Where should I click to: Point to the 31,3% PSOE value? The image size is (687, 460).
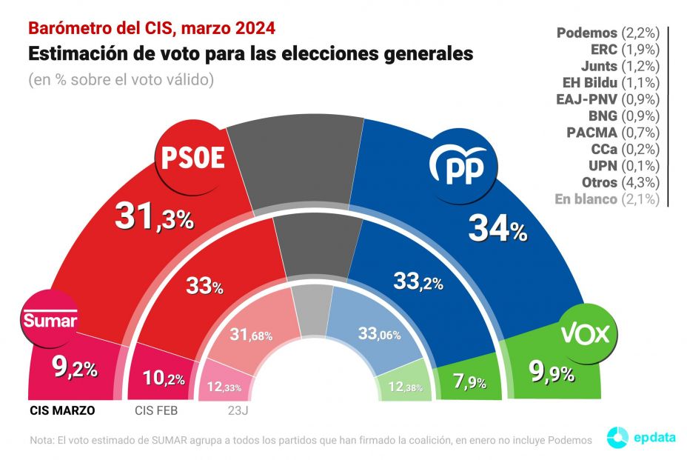click(x=154, y=217)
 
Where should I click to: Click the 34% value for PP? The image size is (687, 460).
click(x=497, y=230)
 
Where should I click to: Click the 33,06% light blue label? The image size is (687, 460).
click(x=378, y=334)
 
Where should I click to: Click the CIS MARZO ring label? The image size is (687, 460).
click(x=63, y=409)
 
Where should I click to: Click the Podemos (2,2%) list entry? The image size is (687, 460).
click(x=607, y=33)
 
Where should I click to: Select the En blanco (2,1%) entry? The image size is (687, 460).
click(x=607, y=199)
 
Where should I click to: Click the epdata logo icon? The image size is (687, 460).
click(x=618, y=437)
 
